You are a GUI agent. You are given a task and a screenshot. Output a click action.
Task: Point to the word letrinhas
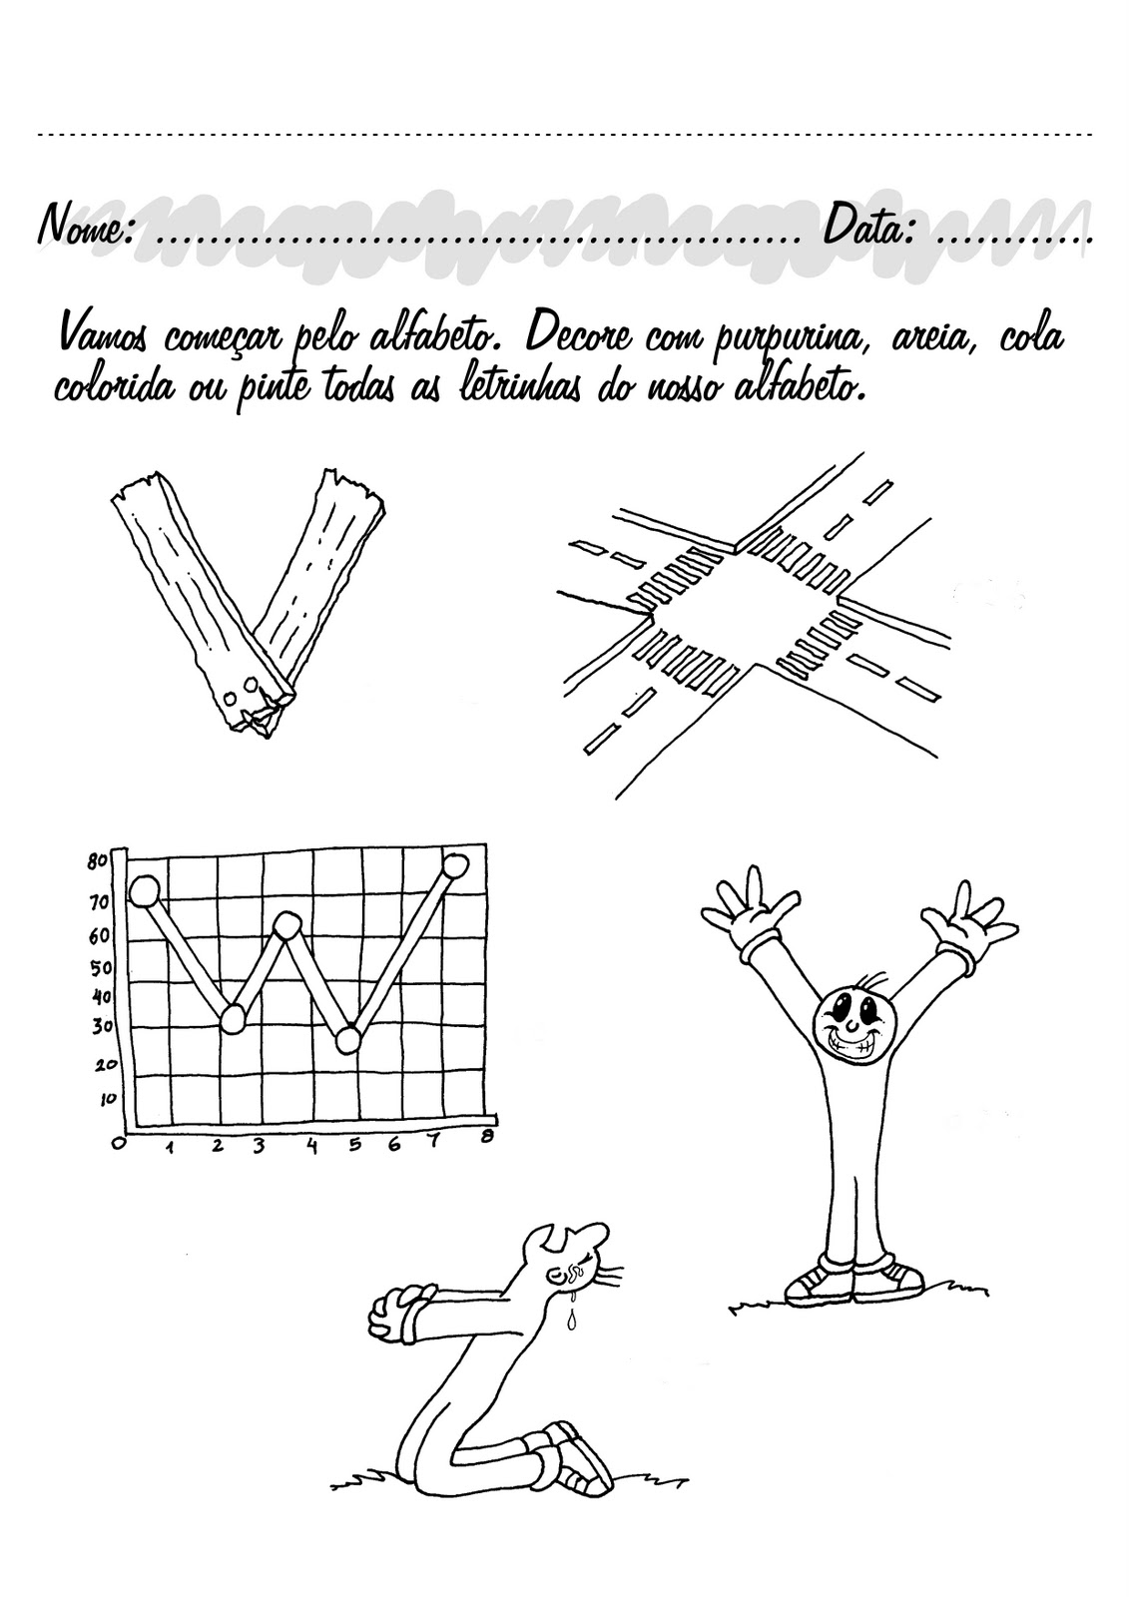click(530, 384)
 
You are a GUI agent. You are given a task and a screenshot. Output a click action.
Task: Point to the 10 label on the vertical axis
click(107, 1098)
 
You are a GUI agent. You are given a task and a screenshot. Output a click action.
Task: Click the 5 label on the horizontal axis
click(354, 1146)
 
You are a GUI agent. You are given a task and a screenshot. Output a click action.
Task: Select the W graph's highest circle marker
click(455, 864)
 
